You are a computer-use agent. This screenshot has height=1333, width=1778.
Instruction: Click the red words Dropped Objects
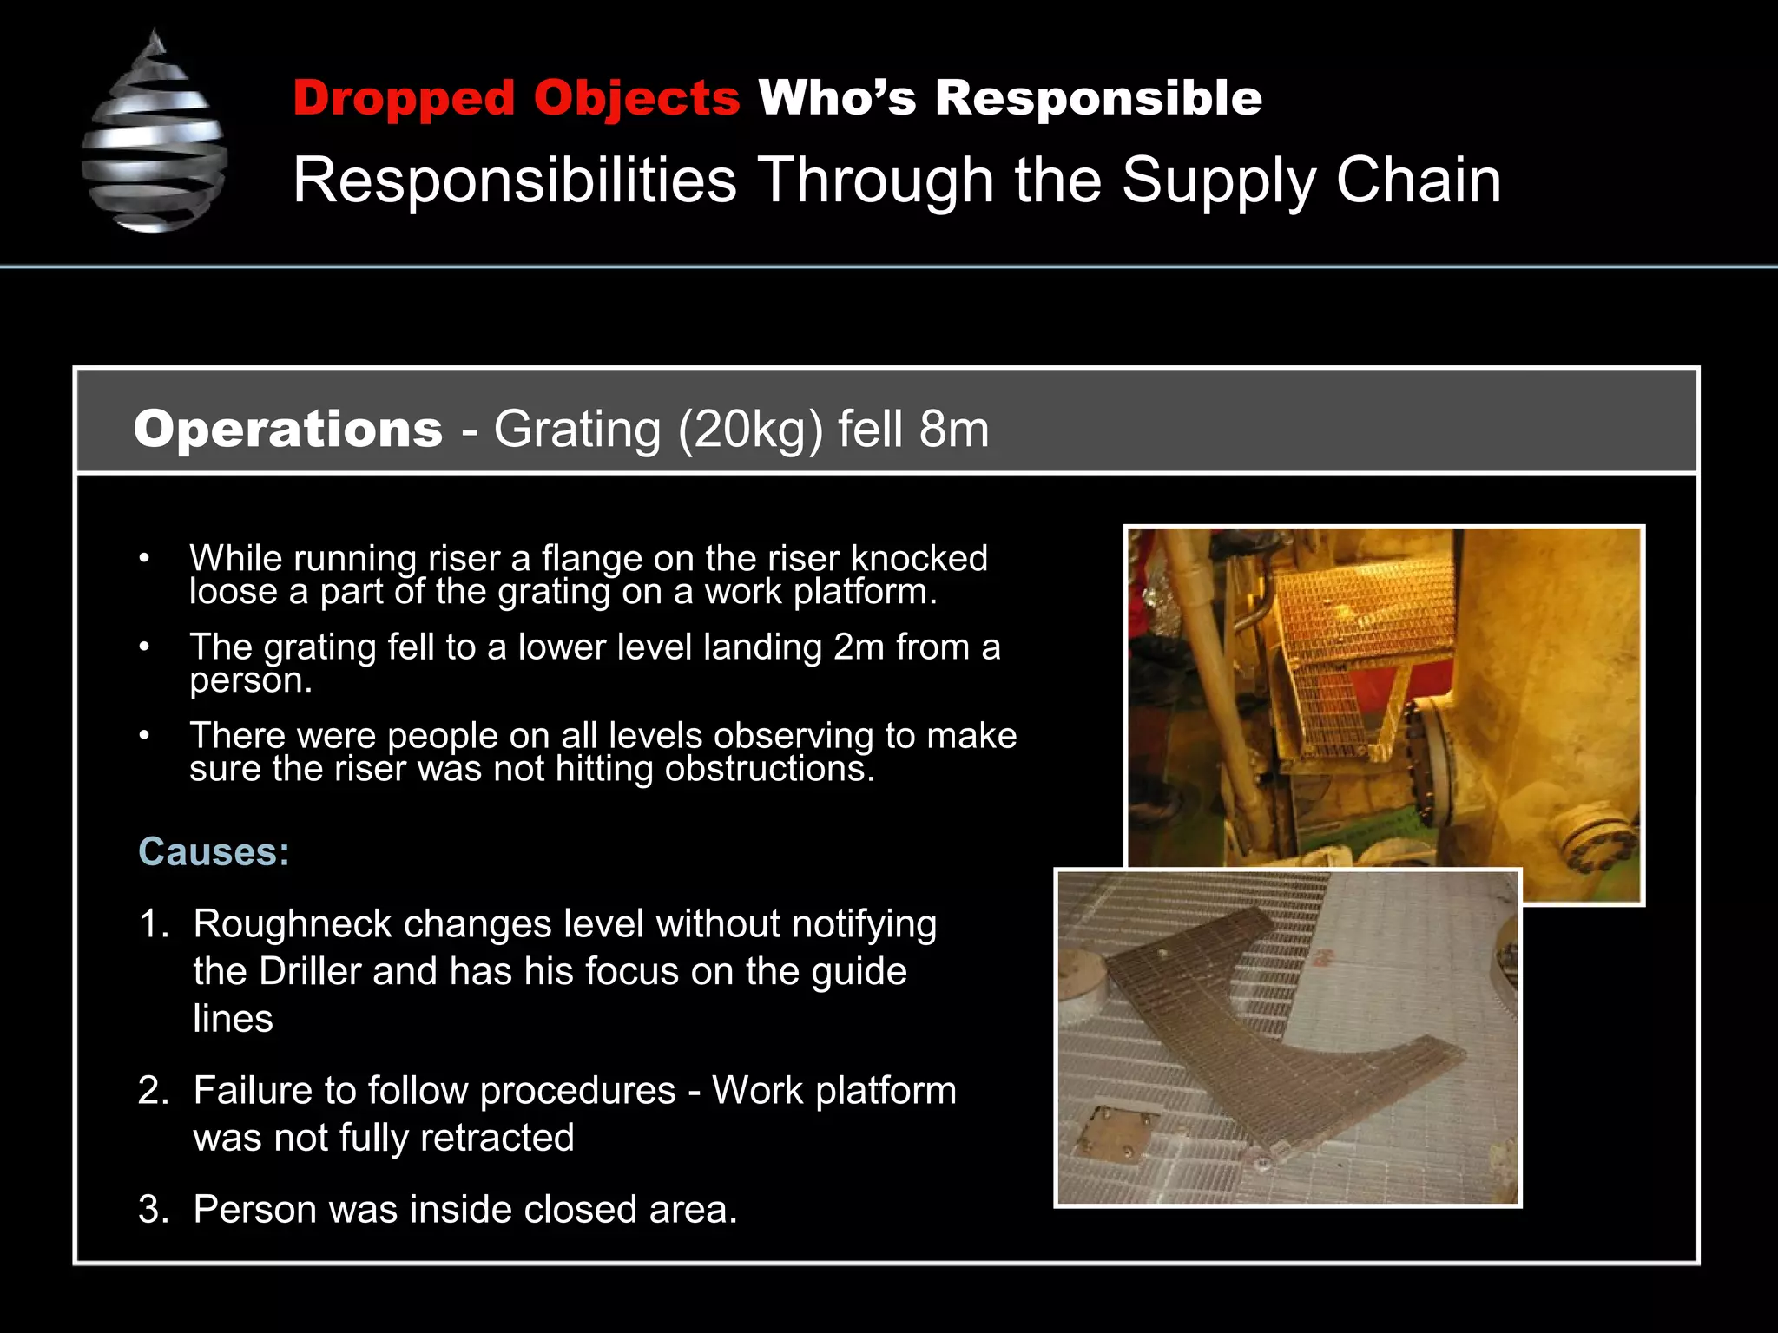[516, 97]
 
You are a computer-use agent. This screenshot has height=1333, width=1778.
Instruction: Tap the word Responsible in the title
[1098, 97]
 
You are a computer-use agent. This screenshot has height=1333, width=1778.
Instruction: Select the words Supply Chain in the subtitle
[1311, 181]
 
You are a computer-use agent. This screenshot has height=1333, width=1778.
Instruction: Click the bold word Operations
[288, 430]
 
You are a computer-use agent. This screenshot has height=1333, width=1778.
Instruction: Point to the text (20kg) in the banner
[749, 430]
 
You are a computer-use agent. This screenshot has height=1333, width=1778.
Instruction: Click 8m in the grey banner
[954, 430]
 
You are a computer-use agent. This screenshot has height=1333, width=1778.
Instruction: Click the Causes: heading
[214, 852]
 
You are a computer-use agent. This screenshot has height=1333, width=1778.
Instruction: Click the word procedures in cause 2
[577, 1091]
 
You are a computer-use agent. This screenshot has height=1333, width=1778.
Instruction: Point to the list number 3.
[153, 1210]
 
